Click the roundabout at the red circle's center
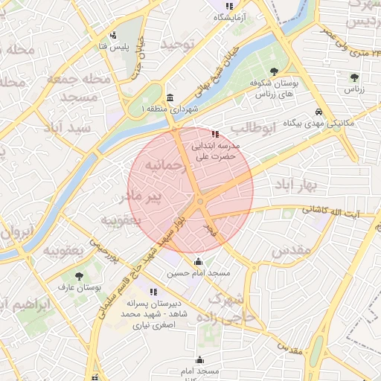pos(200,202)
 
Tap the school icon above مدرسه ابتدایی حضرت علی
pos(216,135)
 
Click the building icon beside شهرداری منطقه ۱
pos(171,98)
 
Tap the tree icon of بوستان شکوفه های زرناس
pos(275,71)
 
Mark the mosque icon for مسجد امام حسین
pos(198,261)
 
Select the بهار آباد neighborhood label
pos(292,185)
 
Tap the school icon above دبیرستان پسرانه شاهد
pos(153,292)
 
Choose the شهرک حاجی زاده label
pos(231,308)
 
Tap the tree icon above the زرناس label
pos(354,77)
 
